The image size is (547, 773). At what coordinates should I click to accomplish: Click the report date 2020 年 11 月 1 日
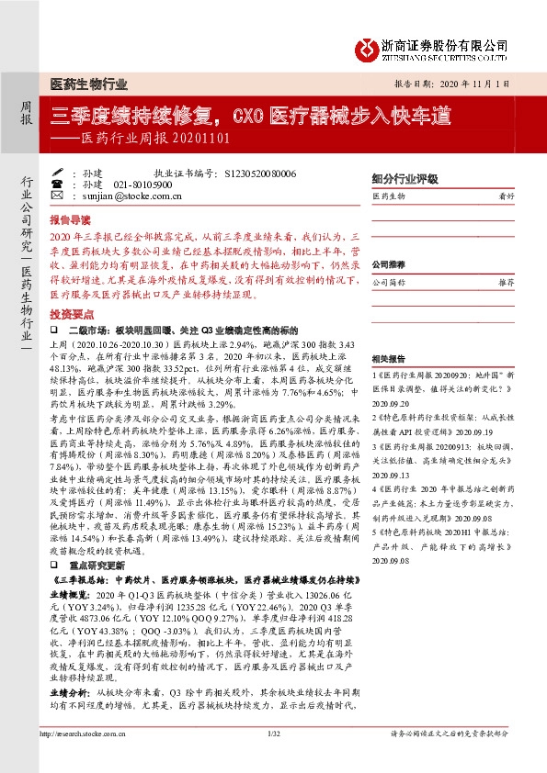[x=476, y=82]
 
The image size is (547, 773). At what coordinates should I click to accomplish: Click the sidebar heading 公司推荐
[x=389, y=263]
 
